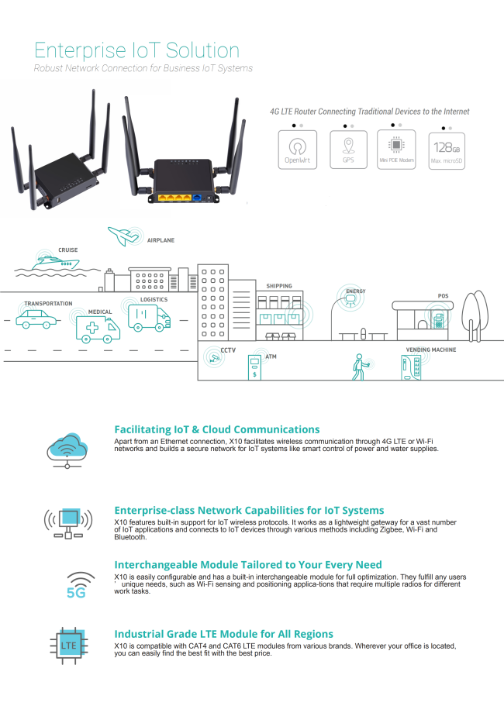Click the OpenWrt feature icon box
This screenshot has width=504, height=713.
click(298, 150)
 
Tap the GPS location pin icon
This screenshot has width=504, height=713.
click(348, 146)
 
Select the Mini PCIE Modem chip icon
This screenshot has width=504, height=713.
click(396, 145)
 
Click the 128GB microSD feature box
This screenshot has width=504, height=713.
click(447, 151)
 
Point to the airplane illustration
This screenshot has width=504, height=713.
click(123, 236)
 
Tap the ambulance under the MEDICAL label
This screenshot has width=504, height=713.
click(98, 329)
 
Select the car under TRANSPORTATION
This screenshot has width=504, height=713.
click(36, 319)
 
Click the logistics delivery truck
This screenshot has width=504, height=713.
click(149, 318)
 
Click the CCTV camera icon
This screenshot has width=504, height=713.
click(214, 358)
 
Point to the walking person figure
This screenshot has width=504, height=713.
click(359, 367)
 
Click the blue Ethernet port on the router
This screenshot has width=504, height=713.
click(197, 198)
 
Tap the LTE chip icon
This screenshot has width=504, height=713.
click(69, 646)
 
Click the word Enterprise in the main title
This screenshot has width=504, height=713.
click(80, 50)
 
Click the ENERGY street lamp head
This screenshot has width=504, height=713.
click(350, 298)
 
